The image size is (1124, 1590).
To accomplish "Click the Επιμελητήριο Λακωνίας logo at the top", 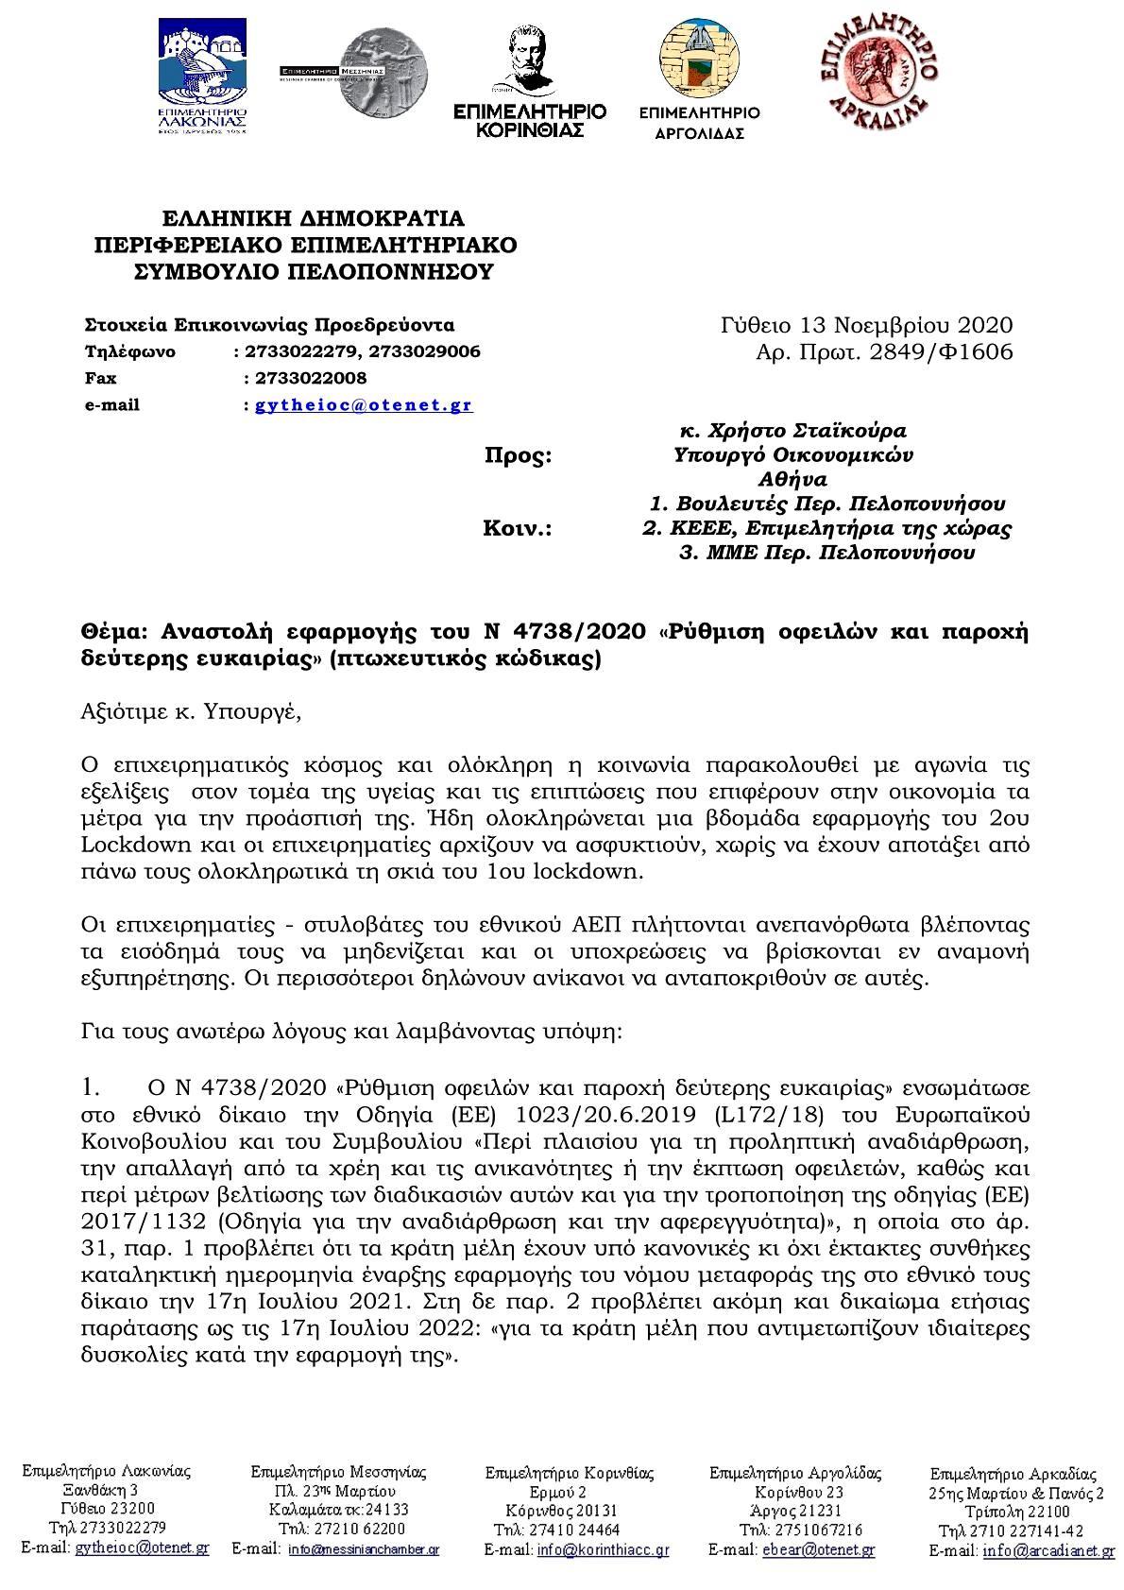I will coord(202,78).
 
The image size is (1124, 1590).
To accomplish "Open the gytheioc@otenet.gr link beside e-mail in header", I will coord(364,405).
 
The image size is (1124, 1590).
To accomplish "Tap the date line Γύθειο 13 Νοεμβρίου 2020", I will coord(866,326).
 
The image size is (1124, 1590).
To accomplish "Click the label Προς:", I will coord(518,456).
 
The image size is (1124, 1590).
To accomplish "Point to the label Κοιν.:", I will coord(518,528).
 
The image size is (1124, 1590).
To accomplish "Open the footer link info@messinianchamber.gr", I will coord(364,1549).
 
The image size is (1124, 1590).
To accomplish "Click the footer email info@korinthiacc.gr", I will coord(603,1549).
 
